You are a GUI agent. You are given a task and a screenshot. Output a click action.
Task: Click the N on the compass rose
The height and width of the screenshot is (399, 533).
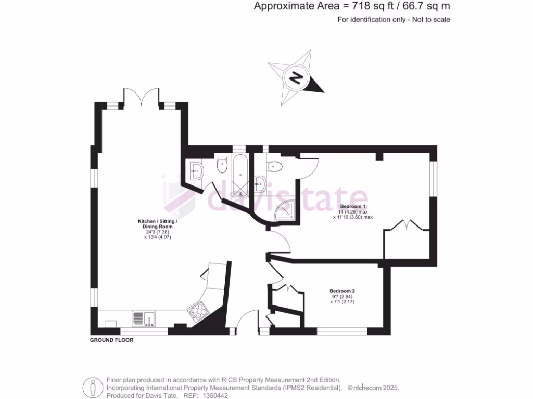(x=296, y=78)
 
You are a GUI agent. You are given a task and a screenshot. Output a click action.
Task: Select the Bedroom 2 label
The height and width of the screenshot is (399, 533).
(x=342, y=291)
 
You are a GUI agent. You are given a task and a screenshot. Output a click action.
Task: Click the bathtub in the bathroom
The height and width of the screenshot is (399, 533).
(x=240, y=174)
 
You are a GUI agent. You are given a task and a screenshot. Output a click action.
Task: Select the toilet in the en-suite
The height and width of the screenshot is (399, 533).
(x=274, y=166)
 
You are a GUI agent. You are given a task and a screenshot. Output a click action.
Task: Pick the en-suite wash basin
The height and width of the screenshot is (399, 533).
(x=260, y=182)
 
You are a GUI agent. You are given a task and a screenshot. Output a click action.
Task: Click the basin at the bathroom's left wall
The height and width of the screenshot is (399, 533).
(x=196, y=170)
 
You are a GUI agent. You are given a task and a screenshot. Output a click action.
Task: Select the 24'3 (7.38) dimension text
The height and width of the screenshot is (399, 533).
(x=157, y=232)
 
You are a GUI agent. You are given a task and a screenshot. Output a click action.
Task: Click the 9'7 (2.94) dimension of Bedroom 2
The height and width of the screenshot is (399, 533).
(x=342, y=297)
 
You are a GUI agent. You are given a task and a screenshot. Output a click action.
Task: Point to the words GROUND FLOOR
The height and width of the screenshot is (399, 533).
(x=112, y=340)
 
